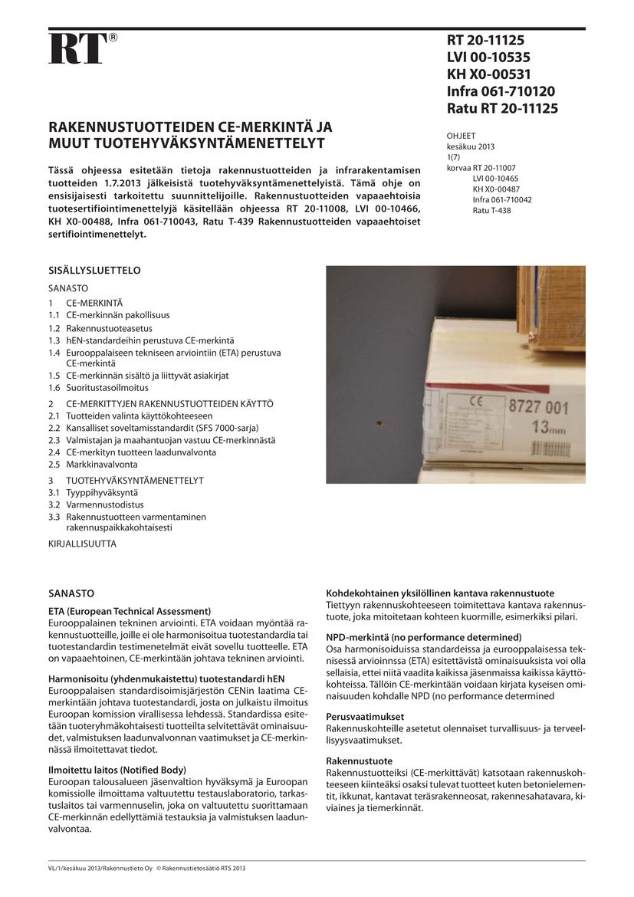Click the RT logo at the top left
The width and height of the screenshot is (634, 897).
coord(77,49)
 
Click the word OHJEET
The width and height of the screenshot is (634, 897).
coord(461,136)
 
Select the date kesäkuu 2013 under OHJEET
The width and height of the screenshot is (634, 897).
coord(471,146)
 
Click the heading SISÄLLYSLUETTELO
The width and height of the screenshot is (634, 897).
coord(94,271)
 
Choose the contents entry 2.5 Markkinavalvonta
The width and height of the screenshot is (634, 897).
coord(93,464)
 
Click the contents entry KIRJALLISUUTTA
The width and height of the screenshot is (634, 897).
coord(82,543)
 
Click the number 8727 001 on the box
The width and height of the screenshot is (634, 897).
coord(540,408)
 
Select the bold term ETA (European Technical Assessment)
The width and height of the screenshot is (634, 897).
coord(123,611)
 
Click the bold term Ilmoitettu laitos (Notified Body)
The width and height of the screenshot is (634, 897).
coord(117,769)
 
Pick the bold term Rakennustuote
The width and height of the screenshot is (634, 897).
coord(354,761)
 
